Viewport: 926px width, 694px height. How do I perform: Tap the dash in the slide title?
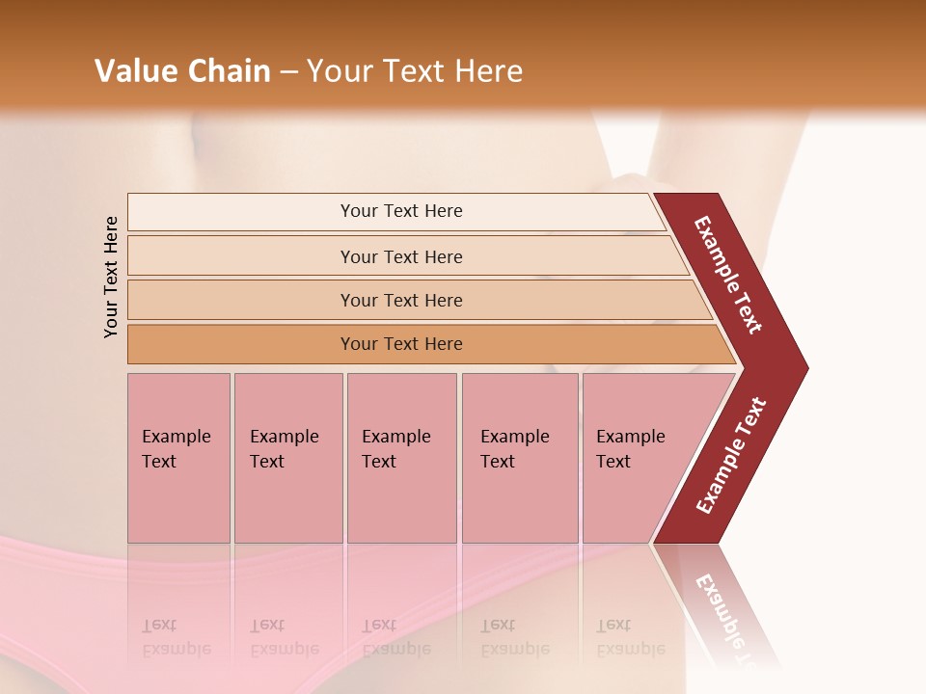pyautogui.click(x=288, y=72)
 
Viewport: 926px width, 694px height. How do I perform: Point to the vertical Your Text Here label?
pyautogui.click(x=111, y=277)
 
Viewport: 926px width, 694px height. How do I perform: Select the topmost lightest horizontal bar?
pyautogui.click(x=400, y=211)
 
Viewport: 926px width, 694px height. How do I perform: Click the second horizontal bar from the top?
pyautogui.click(x=400, y=256)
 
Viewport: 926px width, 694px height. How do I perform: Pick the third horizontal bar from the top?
pyautogui.click(x=400, y=300)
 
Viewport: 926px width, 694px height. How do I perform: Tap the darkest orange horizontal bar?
pyautogui.click(x=400, y=344)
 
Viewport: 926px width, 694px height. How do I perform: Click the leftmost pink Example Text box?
pyautogui.click(x=178, y=457)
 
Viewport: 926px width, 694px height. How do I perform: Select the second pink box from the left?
pyautogui.click(x=287, y=457)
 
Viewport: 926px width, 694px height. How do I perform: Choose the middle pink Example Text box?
pyautogui.click(x=401, y=457)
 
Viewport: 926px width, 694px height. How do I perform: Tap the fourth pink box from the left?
pyautogui.click(x=519, y=457)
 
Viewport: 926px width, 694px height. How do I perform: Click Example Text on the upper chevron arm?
pyautogui.click(x=729, y=274)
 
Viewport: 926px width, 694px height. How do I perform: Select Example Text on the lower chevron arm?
pyautogui.click(x=731, y=456)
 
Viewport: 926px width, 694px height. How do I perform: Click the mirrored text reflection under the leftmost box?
pyautogui.click(x=177, y=637)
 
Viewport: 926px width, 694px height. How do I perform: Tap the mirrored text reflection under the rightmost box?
pyautogui.click(x=630, y=637)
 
